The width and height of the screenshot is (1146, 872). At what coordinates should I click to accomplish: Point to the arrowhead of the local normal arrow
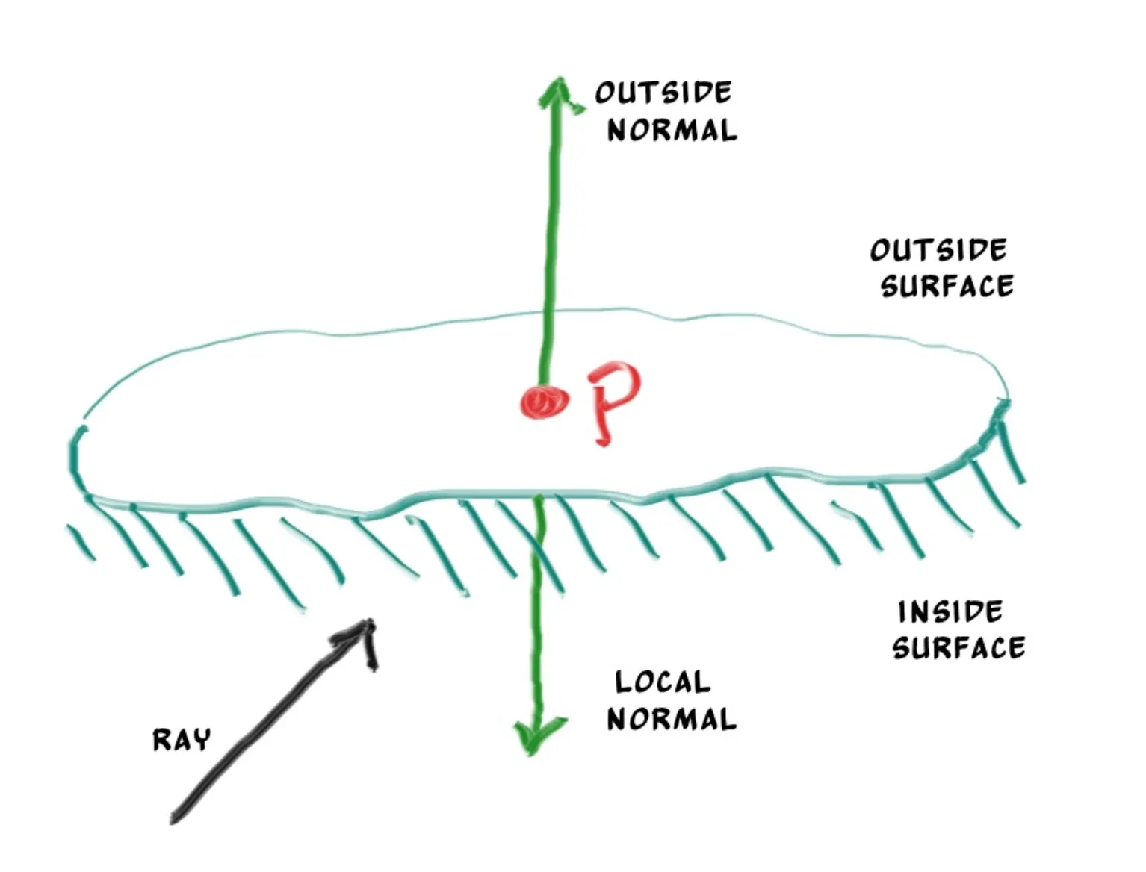point(536,735)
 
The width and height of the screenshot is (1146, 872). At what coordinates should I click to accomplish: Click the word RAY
point(182,740)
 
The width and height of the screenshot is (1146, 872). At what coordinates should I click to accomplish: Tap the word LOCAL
point(662,682)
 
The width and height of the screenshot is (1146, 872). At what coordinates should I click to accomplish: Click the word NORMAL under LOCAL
point(672,719)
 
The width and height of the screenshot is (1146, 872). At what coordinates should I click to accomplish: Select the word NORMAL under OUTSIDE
point(672,130)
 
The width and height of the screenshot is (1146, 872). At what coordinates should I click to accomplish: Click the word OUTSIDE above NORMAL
point(663,93)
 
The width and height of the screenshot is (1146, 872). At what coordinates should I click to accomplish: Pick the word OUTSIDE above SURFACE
point(938,250)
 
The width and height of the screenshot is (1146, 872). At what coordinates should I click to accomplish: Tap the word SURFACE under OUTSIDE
point(947,286)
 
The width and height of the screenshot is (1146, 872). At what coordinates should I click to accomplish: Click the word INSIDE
point(950,612)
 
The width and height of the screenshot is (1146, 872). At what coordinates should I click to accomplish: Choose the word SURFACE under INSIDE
point(958,647)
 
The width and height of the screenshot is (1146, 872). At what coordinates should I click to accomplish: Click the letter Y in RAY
point(202,740)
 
